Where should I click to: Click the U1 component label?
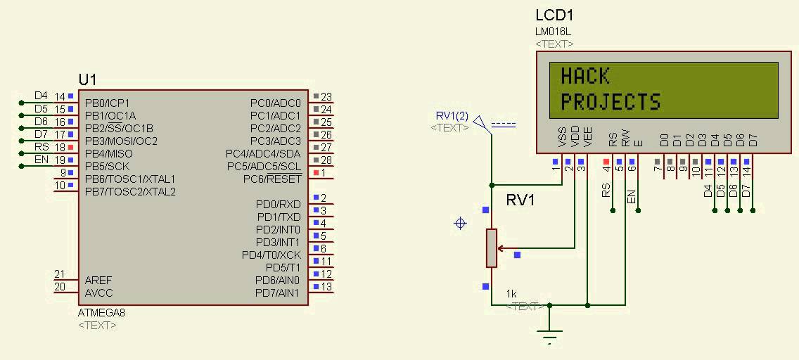tap(87, 79)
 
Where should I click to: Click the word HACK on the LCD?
tap(584, 75)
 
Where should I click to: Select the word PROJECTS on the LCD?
tap(610, 102)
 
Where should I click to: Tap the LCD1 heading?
tap(555, 15)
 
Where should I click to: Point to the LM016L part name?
tap(552, 32)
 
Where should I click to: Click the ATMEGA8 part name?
tap(101, 312)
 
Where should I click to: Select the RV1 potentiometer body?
tap(491, 247)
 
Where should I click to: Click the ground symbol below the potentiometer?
tap(550, 335)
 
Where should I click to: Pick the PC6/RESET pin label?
tap(272, 179)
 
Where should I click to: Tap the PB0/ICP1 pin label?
tap(108, 103)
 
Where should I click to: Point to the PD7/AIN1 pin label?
tap(279, 292)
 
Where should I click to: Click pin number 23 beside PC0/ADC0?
tap(326, 97)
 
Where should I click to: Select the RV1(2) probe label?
tap(452, 116)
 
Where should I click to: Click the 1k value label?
tap(511, 293)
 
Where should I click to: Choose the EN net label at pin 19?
tap(41, 160)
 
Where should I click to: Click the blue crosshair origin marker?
tap(461, 223)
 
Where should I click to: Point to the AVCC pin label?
tap(98, 292)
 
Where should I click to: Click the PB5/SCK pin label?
tap(108, 166)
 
